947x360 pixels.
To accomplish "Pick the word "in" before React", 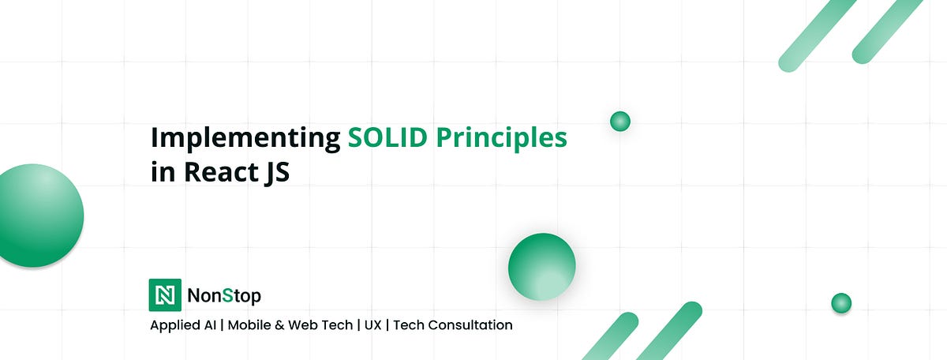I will pyautogui.click(x=163, y=172).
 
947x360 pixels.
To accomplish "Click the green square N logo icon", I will pyautogui.click(x=165, y=295).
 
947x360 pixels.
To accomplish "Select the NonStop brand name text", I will pyautogui.click(x=224, y=296).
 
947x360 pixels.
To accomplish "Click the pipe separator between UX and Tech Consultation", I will pyautogui.click(x=387, y=324).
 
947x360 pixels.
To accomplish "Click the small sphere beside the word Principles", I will pyautogui.click(x=620, y=122).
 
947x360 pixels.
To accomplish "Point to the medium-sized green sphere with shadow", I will pyautogui.click(x=541, y=266).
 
